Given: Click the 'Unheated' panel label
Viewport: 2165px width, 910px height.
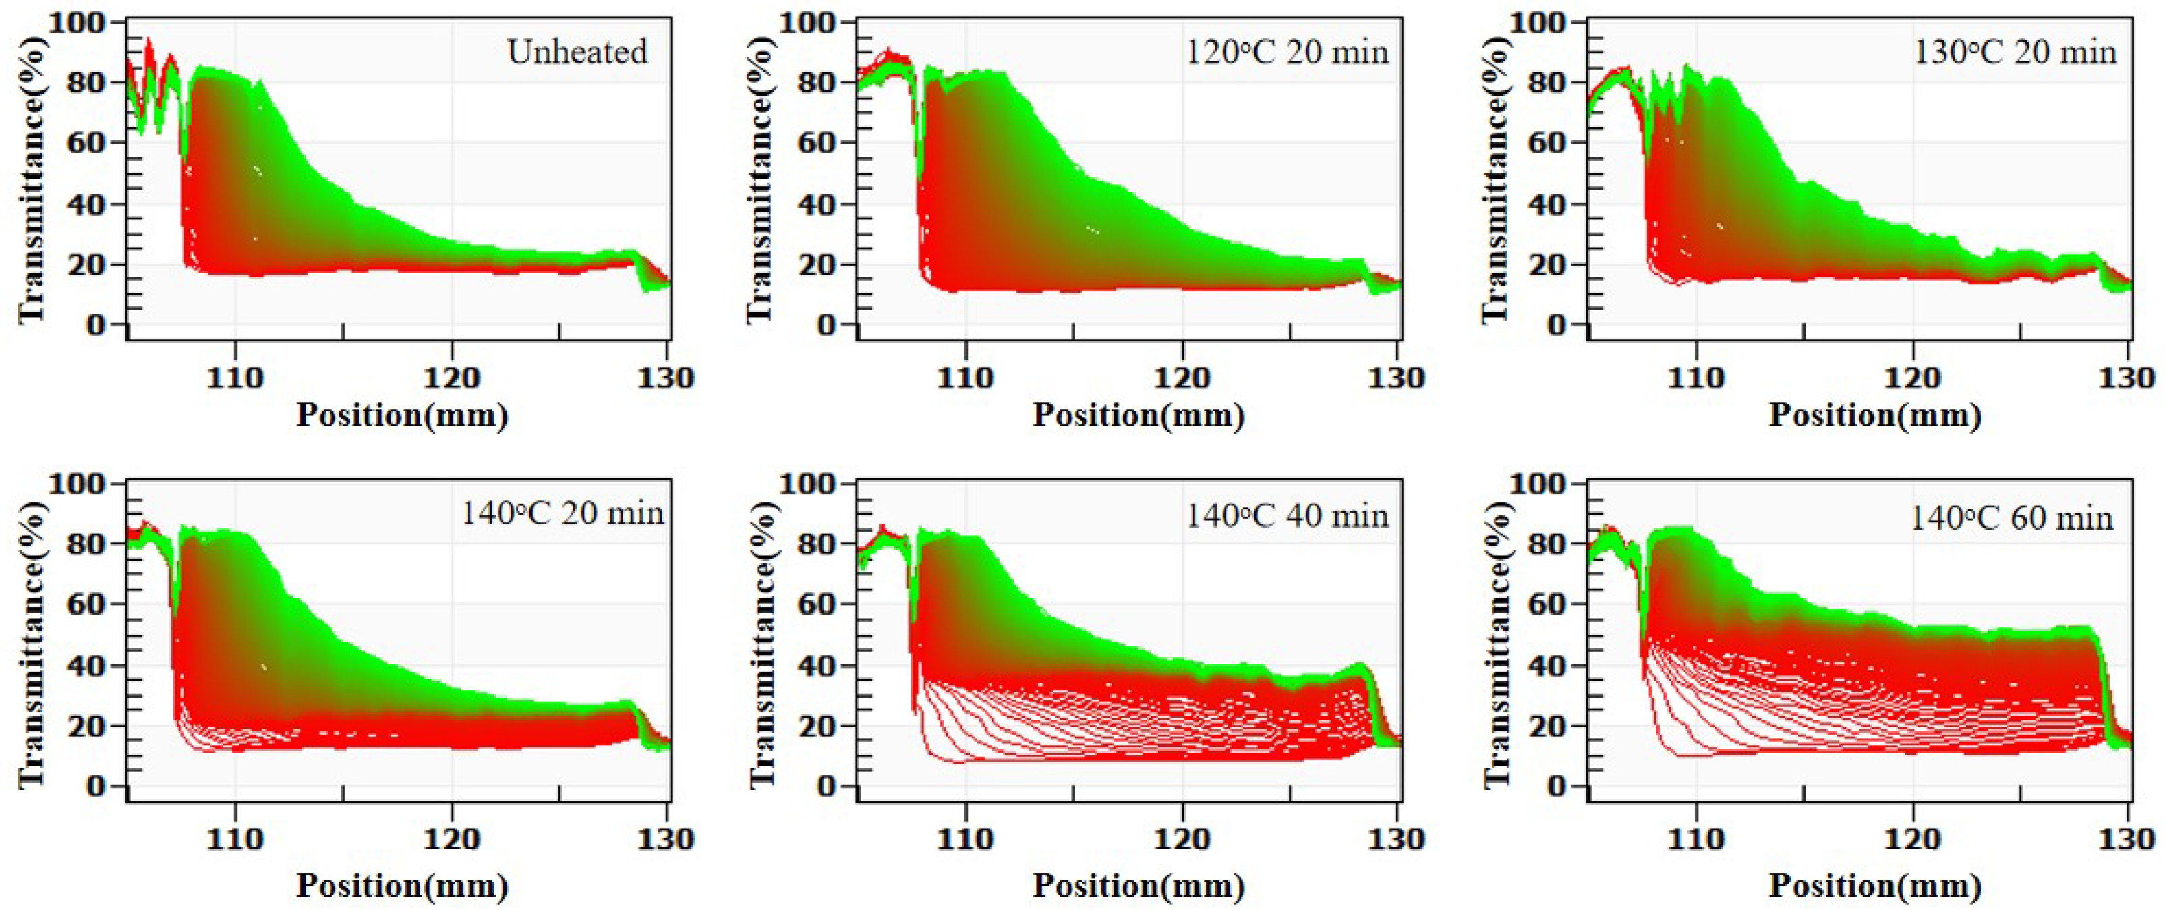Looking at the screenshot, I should pos(577,52).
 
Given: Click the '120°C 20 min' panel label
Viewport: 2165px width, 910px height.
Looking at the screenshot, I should pos(1287,52).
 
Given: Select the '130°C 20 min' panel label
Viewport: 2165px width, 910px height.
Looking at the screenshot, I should pos(2015,52).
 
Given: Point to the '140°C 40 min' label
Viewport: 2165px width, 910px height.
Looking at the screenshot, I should pos(1287,515).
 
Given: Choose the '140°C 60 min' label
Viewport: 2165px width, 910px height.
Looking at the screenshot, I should pos(2011,517).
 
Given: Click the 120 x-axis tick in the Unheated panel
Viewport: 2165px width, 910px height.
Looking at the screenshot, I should pos(452,378).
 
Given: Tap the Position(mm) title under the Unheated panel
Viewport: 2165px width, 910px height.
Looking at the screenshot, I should pos(402,415).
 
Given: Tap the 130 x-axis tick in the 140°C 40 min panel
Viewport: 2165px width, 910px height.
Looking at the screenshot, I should pos(1397,839).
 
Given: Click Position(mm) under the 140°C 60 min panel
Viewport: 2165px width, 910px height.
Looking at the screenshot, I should pos(1875,886).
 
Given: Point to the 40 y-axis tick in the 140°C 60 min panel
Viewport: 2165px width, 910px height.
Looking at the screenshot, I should pos(1544,666).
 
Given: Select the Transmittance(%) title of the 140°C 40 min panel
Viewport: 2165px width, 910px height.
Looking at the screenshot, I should pos(761,642).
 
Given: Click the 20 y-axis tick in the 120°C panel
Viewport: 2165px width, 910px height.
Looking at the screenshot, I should pos(814,264).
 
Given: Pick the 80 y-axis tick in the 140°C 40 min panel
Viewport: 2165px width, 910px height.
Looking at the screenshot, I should pos(814,544).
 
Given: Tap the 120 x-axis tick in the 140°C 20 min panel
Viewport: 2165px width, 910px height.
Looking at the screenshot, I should pos(452,839).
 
